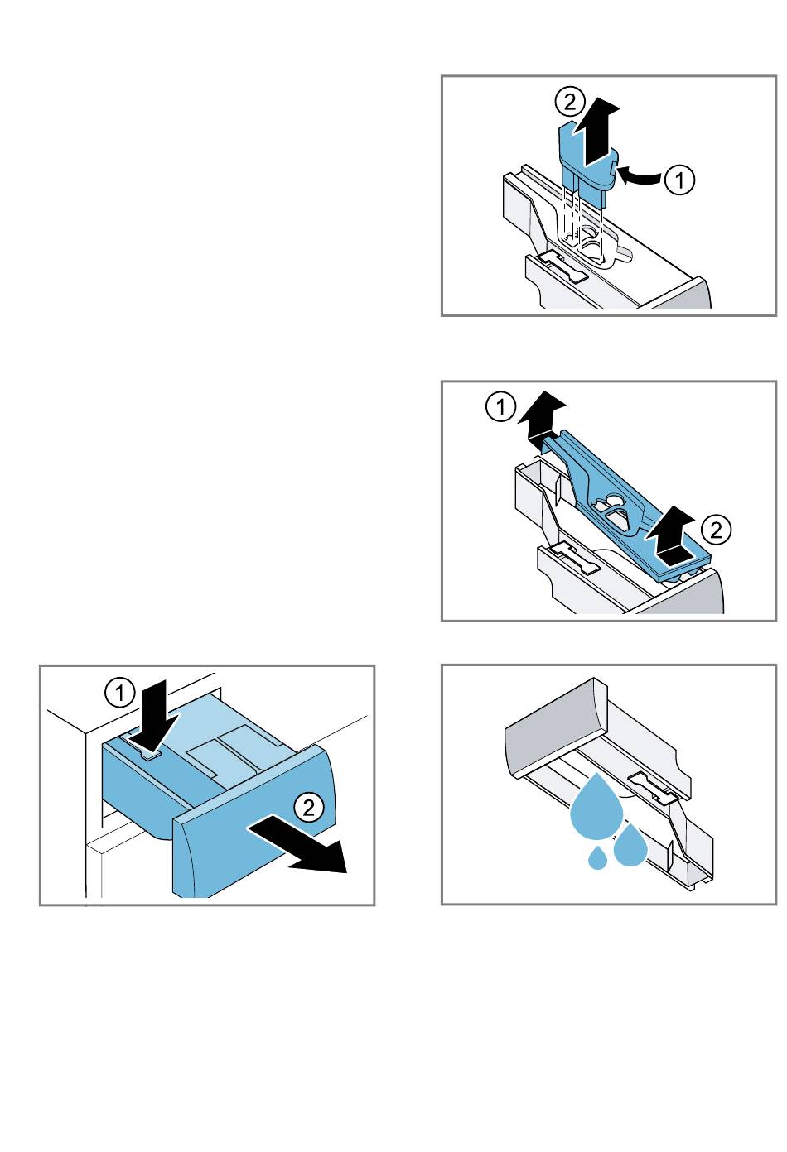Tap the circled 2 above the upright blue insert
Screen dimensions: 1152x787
567,103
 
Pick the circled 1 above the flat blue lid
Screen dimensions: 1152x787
500,407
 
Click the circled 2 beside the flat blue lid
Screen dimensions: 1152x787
717,529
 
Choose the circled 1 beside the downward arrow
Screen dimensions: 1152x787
120,692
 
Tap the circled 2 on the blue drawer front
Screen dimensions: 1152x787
309,807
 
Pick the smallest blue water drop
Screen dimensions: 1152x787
597,858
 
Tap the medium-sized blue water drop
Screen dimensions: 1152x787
631,843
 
